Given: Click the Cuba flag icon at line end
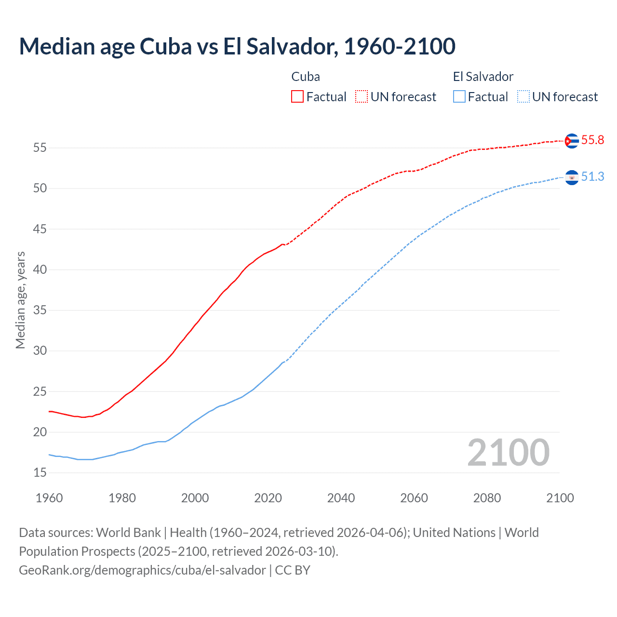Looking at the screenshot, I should [x=572, y=141].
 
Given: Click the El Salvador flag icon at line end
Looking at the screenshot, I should [x=572, y=177].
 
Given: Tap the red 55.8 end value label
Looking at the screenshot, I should [x=592, y=140].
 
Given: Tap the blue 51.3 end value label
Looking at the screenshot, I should [x=592, y=177].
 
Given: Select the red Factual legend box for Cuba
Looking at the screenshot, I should [x=297, y=97].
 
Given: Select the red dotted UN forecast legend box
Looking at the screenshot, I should [x=362, y=97].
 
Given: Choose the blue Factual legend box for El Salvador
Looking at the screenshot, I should [x=459, y=97].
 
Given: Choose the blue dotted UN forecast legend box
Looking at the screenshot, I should [x=523, y=97].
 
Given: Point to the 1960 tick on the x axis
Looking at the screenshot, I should [x=49, y=498].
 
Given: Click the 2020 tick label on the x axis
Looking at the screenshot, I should [x=268, y=498].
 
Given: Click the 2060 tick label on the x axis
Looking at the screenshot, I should [x=414, y=498].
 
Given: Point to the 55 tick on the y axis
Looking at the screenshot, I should [x=40, y=148].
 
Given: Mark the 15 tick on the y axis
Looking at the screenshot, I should [x=40, y=473].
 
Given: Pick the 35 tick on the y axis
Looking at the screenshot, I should [x=40, y=310].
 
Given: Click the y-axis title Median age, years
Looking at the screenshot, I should [x=20, y=300].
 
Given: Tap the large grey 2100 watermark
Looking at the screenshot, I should [x=509, y=453].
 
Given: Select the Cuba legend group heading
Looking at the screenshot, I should [x=306, y=77].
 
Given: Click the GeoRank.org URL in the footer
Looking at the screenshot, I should [x=142, y=570].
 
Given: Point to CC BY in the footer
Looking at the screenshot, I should [x=293, y=570].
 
